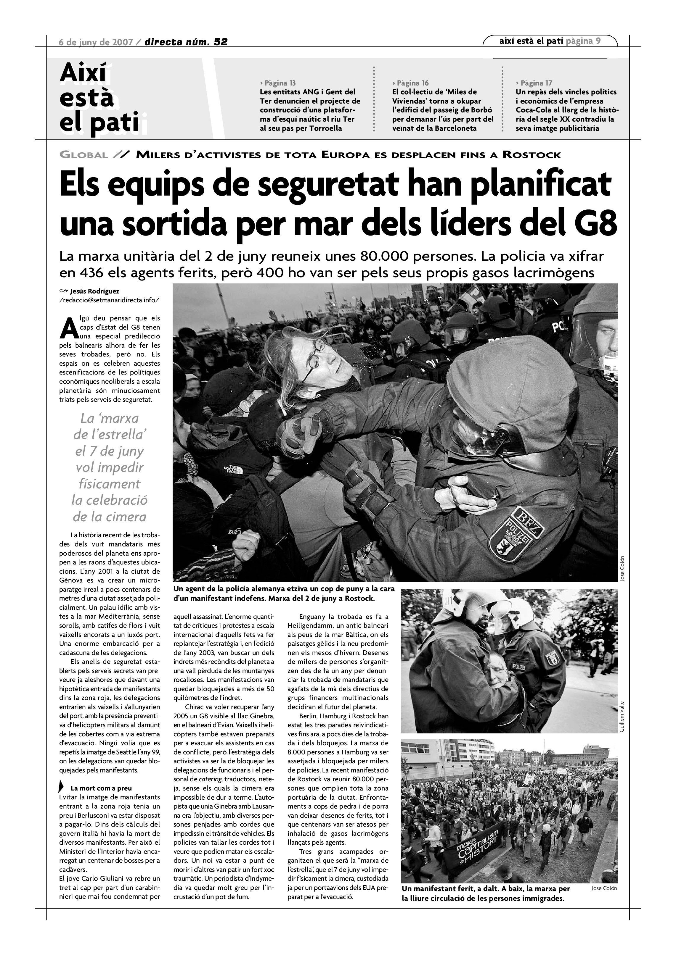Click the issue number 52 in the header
pyautogui.click(x=220, y=42)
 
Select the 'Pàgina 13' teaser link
pyautogui.click(x=278, y=83)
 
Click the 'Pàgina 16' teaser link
pyautogui.click(x=410, y=83)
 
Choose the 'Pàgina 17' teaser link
pyautogui.click(x=534, y=83)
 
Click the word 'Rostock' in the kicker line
pyautogui.click(x=531, y=155)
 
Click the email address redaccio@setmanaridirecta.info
pyautogui.click(x=110, y=300)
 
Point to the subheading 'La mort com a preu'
pyautogui.click(x=101, y=788)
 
